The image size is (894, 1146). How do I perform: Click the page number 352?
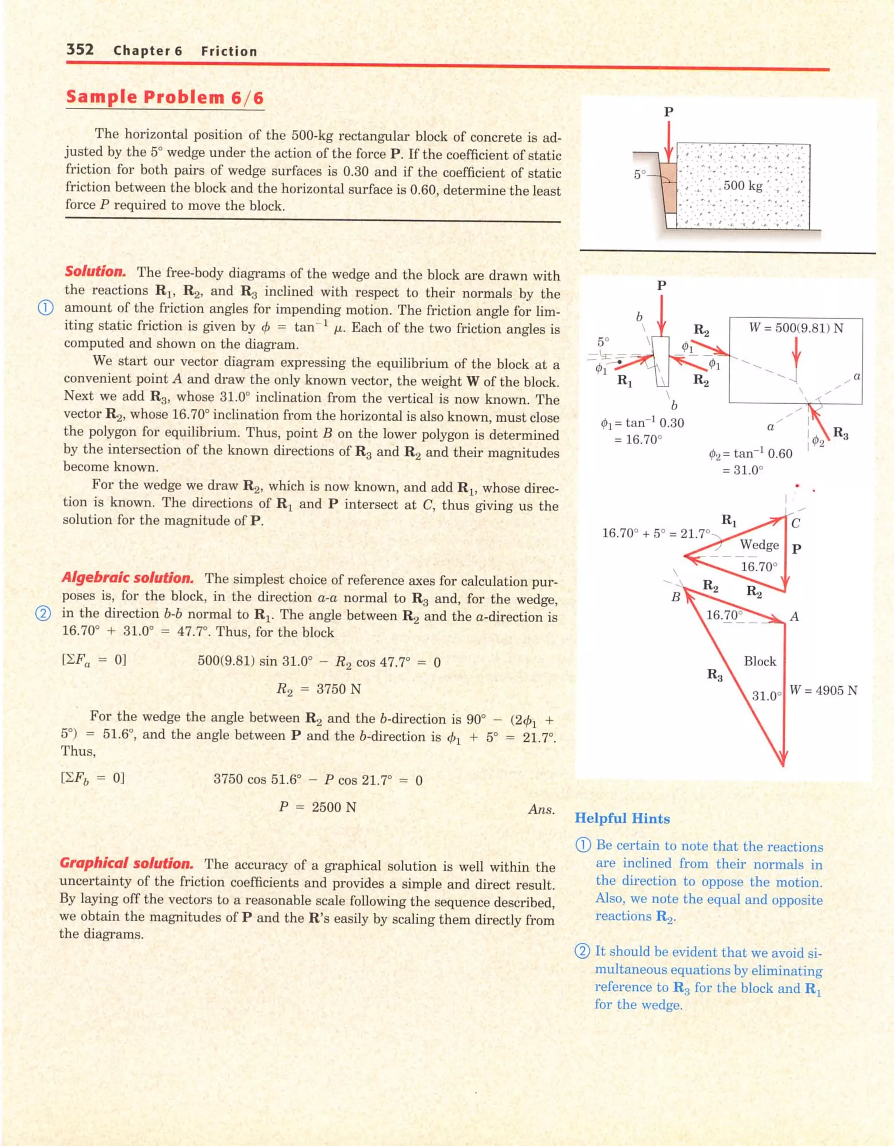(80, 50)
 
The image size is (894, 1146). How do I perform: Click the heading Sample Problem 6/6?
(165, 97)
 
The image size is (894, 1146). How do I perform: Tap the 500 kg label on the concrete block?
(743, 185)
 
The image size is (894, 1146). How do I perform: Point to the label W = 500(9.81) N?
(795, 328)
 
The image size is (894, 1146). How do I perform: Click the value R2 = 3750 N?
(318, 689)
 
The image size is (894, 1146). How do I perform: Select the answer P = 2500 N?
(317, 807)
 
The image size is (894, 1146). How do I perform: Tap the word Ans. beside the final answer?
(541, 809)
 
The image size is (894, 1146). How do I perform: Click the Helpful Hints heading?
(622, 819)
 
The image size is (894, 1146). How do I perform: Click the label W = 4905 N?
(823, 690)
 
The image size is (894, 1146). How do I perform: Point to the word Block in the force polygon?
(759, 661)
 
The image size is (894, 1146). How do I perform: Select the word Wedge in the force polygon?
(759, 545)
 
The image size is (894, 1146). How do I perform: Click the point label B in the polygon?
(676, 597)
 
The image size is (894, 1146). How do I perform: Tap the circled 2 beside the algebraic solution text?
(44, 613)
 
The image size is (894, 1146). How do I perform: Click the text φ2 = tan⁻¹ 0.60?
(750, 454)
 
